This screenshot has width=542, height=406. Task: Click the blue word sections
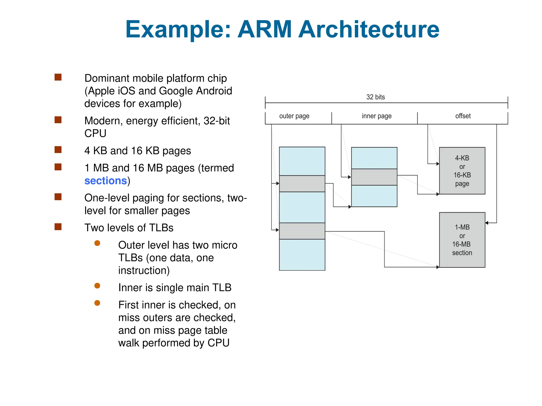(106, 181)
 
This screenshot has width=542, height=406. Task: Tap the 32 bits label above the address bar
(375, 97)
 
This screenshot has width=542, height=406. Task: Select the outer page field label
(294, 116)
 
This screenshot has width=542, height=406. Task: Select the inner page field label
(377, 116)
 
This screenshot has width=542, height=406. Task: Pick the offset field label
(463, 116)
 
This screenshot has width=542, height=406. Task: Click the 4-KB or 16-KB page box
(462, 171)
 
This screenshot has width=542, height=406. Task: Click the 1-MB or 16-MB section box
(462, 240)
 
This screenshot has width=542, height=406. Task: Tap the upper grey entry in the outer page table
(302, 184)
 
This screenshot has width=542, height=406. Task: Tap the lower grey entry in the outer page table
(302, 231)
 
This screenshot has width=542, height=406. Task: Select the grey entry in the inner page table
(374, 177)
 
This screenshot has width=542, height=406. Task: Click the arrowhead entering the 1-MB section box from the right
(487, 223)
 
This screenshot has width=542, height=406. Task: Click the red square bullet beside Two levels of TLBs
(58, 227)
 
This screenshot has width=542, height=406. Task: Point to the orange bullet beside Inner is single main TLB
(97, 286)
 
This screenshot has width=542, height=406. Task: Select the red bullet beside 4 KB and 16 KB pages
(58, 150)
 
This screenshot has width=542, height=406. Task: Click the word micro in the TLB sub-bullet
(224, 245)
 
